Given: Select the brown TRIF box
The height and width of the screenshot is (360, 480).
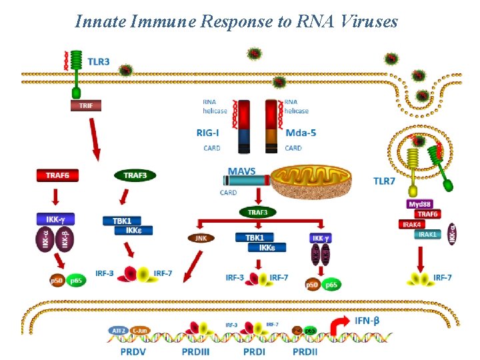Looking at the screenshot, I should pos(86,105).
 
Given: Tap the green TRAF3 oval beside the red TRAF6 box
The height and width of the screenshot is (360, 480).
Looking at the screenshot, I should pos(135,175).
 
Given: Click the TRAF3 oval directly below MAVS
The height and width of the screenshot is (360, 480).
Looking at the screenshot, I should pos(258,212).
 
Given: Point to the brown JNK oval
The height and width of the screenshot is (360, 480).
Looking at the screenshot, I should pos(201,237).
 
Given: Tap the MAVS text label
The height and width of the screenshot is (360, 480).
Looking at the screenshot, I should pos(241,171).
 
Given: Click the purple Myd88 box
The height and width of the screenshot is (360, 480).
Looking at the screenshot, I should pos(419,204).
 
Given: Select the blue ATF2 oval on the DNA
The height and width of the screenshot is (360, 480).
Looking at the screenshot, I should pos(117,330).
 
